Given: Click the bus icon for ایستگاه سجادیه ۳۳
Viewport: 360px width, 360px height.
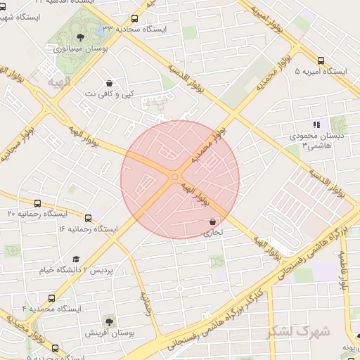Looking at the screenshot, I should pyautogui.click(x=134, y=19).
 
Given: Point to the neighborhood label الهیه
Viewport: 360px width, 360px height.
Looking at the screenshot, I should pyautogui.click(x=58, y=82).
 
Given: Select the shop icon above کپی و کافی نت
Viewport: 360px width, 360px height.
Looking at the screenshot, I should pyautogui.click(x=108, y=82).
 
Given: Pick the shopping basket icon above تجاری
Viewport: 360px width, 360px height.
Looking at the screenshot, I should pyautogui.click(x=212, y=221).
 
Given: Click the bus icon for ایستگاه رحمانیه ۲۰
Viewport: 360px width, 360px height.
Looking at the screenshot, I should pyautogui.click(x=37, y=203).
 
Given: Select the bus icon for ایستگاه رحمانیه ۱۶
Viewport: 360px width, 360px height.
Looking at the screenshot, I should pyautogui.click(x=88, y=218).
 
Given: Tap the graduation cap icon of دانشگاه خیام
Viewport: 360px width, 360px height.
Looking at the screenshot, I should pyautogui.click(x=76, y=259).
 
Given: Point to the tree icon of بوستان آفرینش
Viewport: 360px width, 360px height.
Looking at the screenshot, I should pyautogui.click(x=108, y=321).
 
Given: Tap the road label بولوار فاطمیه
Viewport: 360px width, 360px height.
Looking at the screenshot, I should pyautogui.click(x=344, y=271).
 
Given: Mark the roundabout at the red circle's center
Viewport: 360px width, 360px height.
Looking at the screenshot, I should pyautogui.click(x=174, y=177).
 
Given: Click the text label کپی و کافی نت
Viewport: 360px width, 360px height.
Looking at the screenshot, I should pyautogui.click(x=109, y=94).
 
